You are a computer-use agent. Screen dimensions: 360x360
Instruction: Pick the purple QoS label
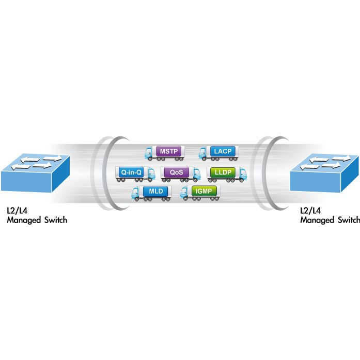[176, 171]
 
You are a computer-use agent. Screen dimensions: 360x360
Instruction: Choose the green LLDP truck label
[221, 171]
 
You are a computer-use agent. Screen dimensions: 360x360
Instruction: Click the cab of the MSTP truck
[150, 153]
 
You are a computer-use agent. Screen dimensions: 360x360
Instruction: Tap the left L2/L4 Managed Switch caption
[36, 216]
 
